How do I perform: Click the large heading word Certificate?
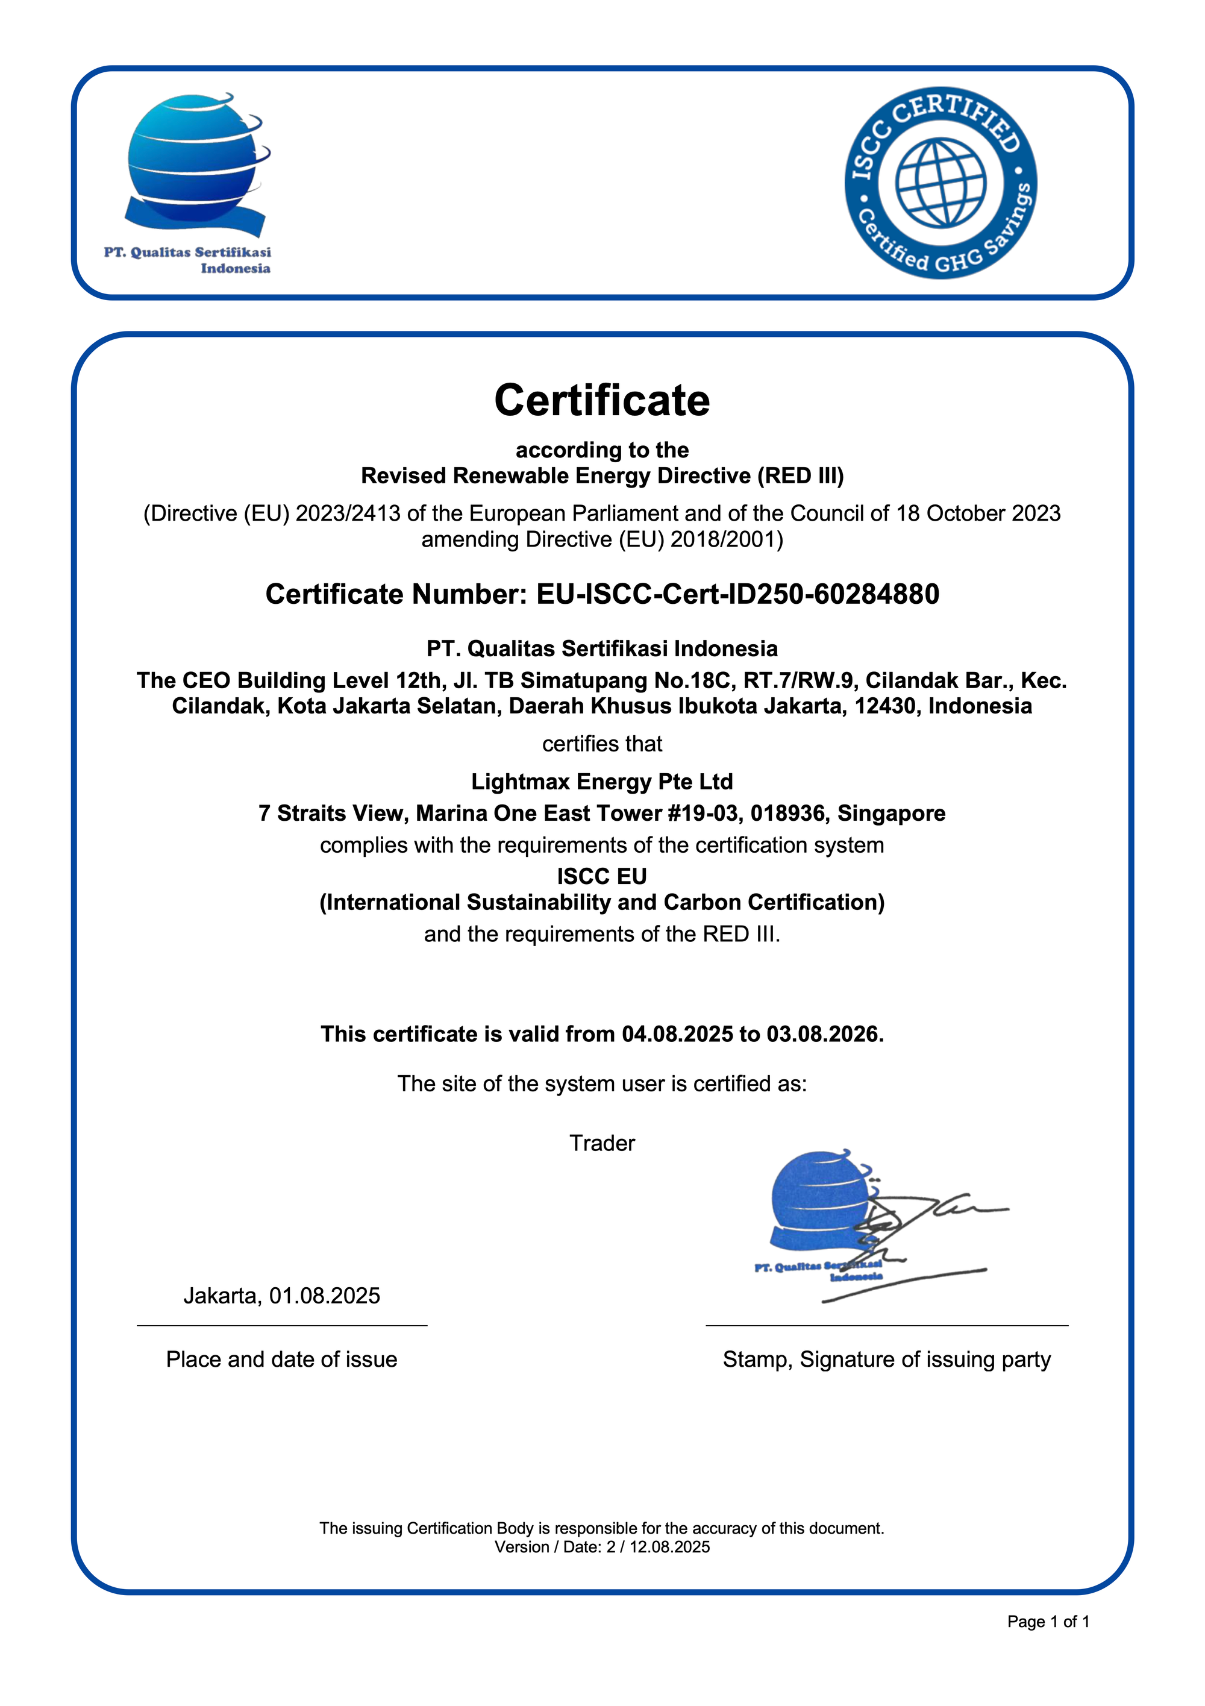point(602,401)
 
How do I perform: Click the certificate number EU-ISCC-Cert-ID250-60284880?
point(737,594)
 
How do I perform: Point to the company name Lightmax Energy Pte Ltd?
point(602,782)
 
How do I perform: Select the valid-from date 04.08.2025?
point(678,1034)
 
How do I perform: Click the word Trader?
point(602,1143)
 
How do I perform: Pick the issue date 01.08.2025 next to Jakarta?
point(325,1296)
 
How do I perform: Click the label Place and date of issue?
point(281,1359)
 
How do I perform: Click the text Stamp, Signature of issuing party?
point(886,1359)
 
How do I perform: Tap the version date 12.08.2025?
point(669,1547)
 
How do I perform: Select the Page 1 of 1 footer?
point(1048,1622)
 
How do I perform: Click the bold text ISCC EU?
point(602,877)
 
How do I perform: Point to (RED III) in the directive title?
point(800,476)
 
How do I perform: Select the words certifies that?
point(602,744)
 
